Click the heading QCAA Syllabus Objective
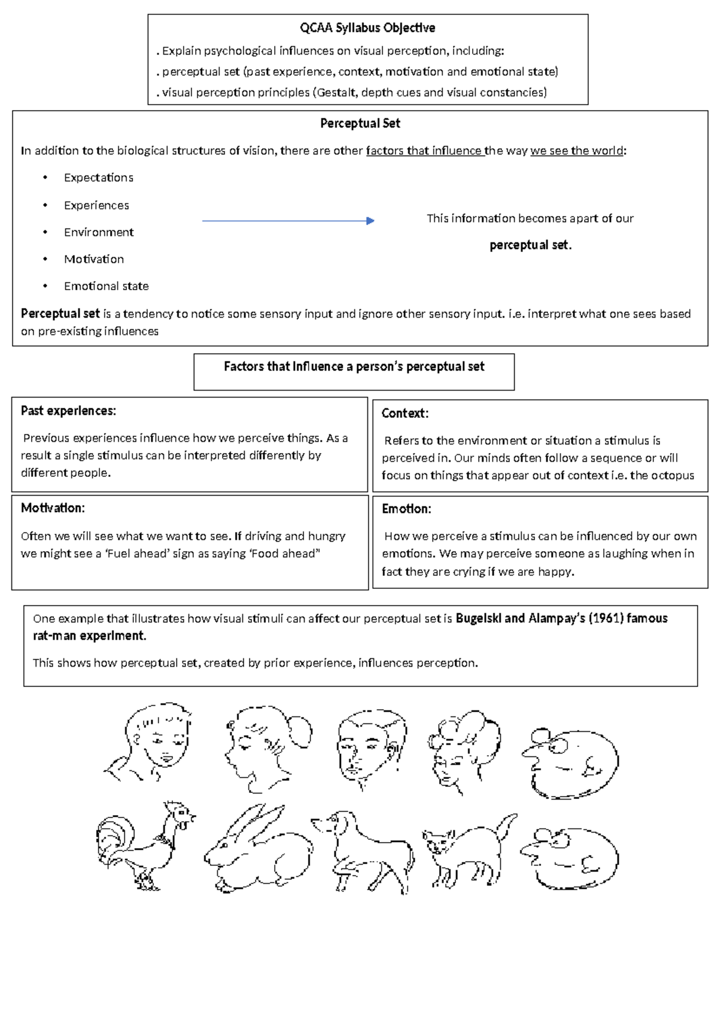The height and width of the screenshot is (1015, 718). (367, 28)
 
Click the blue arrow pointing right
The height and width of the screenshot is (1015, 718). (288, 221)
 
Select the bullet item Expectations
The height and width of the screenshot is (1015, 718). (98, 178)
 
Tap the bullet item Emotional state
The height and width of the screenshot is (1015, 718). (106, 286)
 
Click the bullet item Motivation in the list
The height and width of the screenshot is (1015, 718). (94, 259)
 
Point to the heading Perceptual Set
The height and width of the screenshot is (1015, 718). (360, 123)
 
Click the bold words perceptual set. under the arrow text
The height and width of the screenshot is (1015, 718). (530, 245)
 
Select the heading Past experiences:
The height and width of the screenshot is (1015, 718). (68, 411)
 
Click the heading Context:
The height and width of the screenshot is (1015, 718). (404, 413)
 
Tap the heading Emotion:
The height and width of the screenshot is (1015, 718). (406, 509)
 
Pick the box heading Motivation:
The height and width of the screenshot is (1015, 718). (53, 508)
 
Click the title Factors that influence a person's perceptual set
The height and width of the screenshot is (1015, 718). (354, 366)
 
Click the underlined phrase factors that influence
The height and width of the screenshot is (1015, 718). (424, 151)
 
